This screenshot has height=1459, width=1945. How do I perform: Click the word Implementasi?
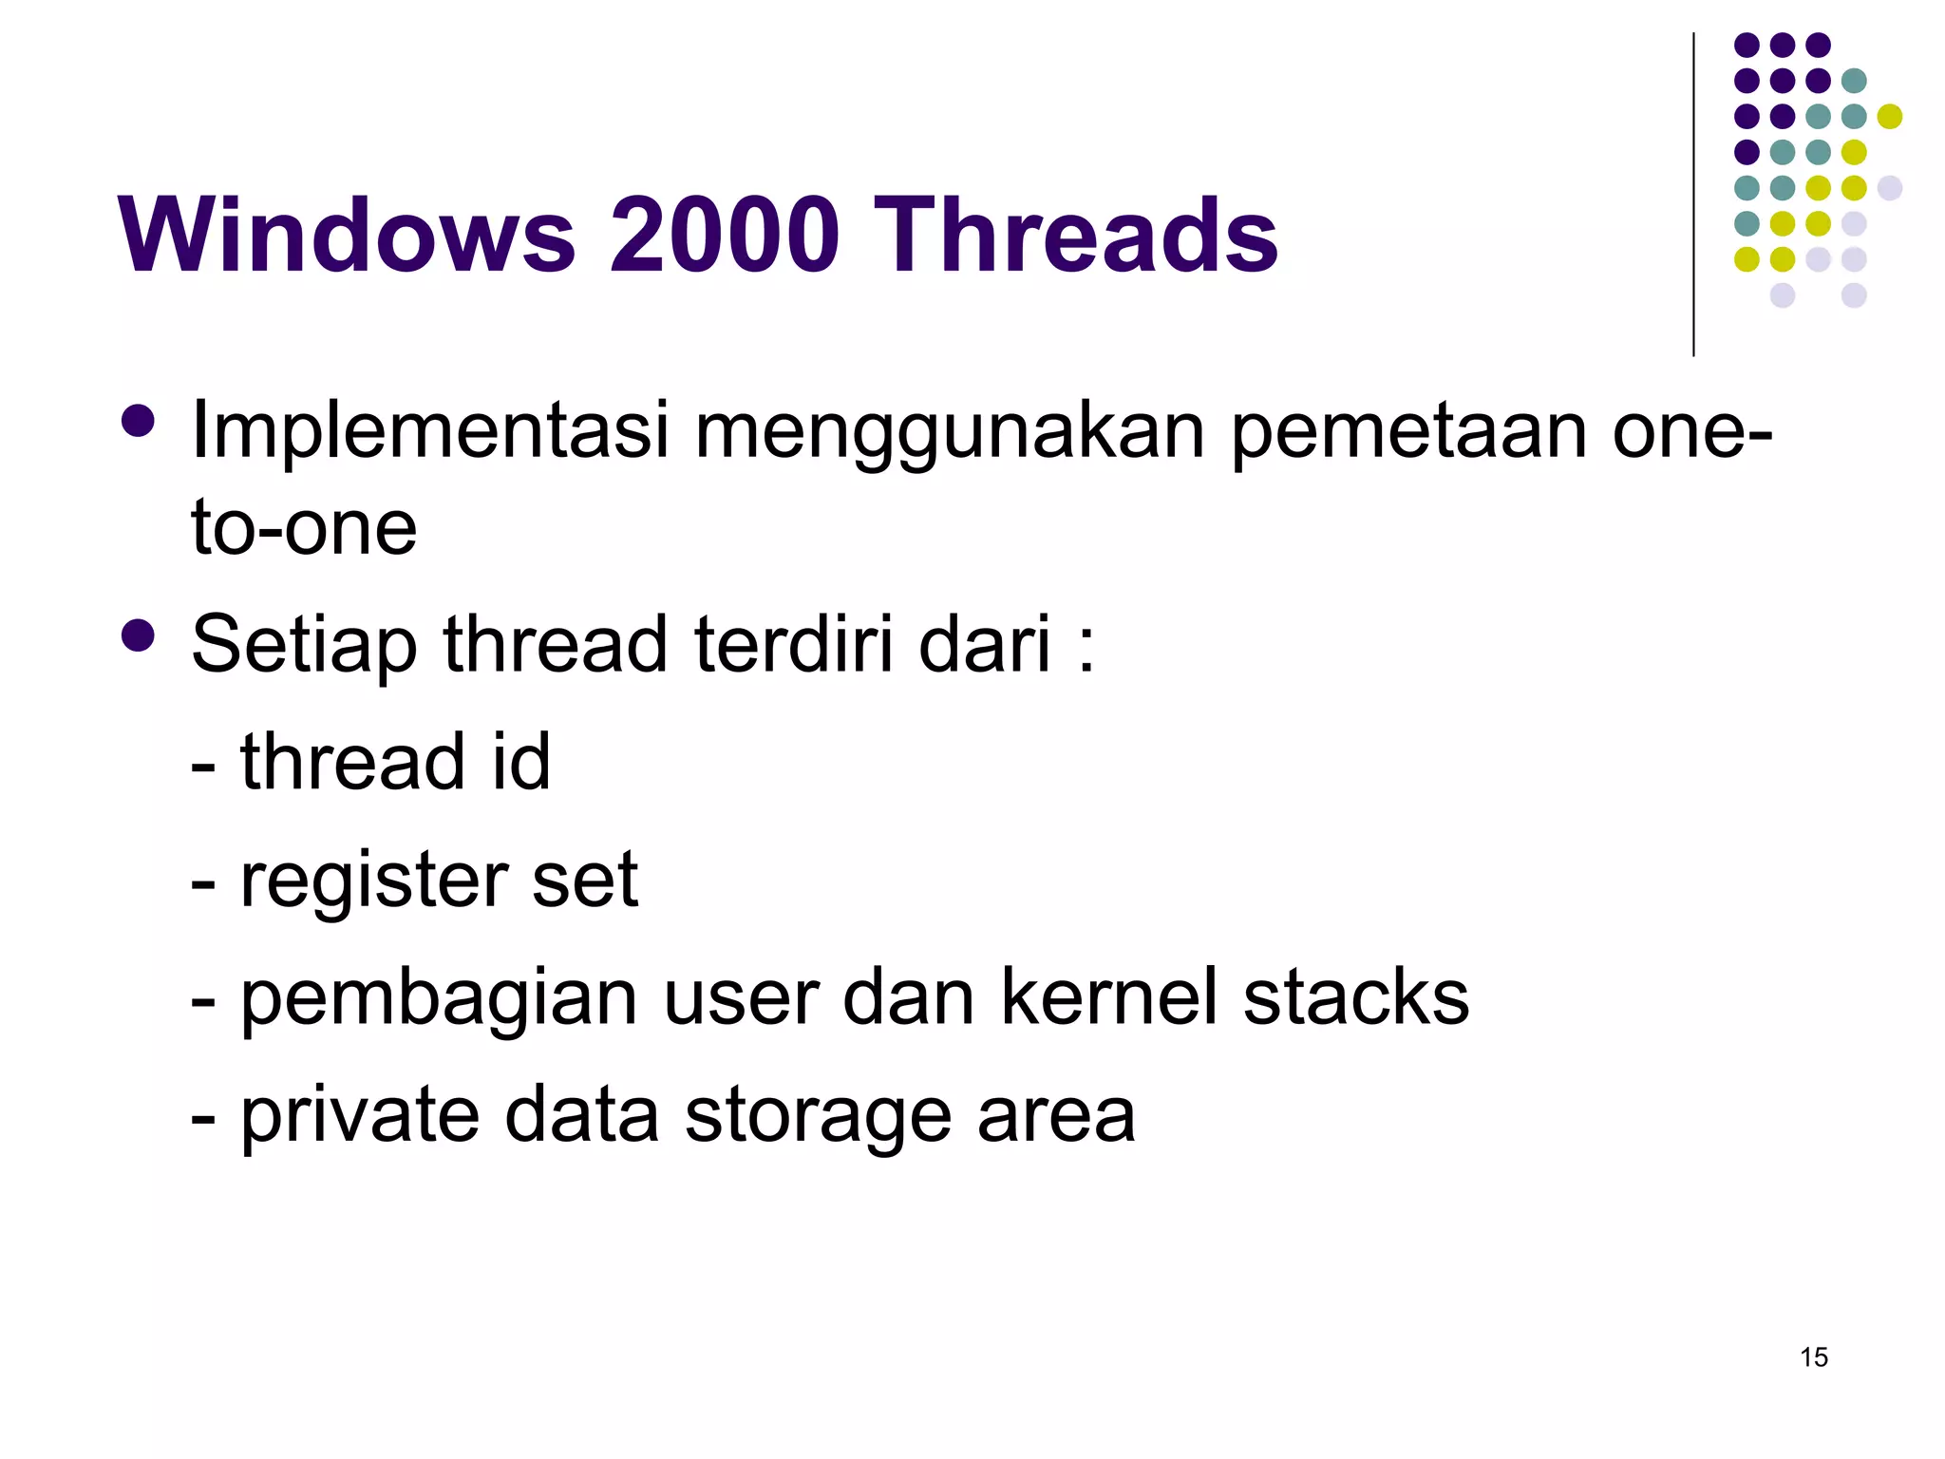(430, 432)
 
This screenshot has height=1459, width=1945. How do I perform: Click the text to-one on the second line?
(304, 527)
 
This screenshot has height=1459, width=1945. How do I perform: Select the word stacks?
(1356, 996)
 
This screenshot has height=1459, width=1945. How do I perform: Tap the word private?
(360, 1116)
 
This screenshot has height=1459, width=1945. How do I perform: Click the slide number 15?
(1813, 1357)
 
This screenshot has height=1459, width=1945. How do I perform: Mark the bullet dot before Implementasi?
(139, 422)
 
